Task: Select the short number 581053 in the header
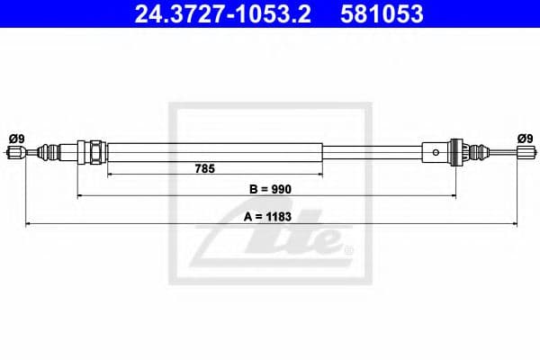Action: pyautogui.click(x=381, y=15)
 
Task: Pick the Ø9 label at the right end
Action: pyautogui.click(x=524, y=138)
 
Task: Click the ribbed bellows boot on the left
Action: pyautogui.click(x=63, y=151)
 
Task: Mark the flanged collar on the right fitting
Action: pyautogui.click(x=456, y=151)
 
